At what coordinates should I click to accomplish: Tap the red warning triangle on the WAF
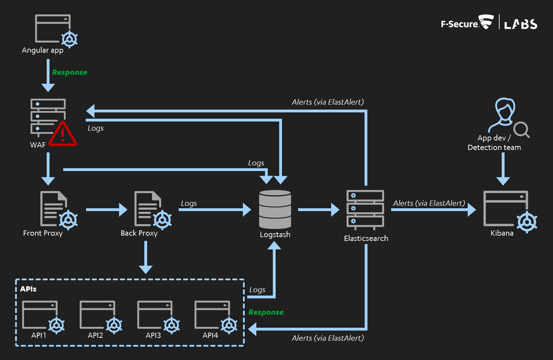click(x=63, y=134)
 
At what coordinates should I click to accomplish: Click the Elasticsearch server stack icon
click(x=365, y=209)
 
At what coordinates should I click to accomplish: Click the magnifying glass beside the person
click(x=521, y=129)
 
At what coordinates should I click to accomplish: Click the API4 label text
click(x=210, y=335)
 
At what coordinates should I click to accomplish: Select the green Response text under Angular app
click(x=70, y=72)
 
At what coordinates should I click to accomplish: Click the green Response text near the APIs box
click(x=266, y=312)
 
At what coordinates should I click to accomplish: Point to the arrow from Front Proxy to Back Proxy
click(x=106, y=210)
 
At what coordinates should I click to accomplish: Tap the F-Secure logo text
click(x=460, y=24)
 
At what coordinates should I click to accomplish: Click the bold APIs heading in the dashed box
click(x=28, y=289)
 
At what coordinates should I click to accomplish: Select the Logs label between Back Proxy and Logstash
click(x=189, y=203)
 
